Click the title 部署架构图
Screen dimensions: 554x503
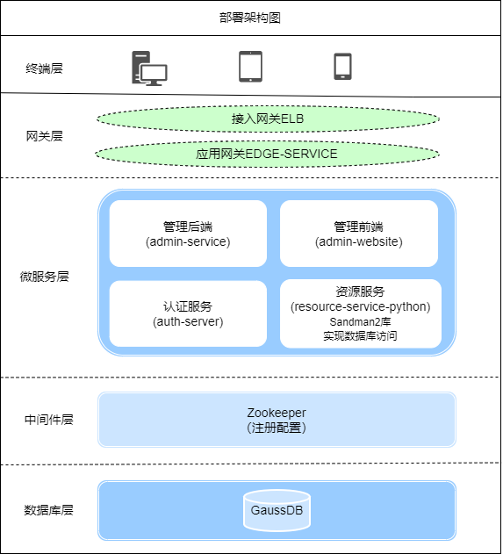pos(251,18)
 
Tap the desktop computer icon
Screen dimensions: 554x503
pos(148,68)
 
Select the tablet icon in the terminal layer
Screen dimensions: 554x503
pos(250,66)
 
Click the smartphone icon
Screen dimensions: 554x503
pos(342,67)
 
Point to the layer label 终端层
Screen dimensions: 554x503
pos(45,68)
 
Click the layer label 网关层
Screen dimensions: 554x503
pos(45,136)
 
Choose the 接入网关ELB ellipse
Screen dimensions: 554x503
pos(268,118)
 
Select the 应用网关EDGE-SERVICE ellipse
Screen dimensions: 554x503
pos(267,154)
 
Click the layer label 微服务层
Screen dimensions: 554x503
pos(45,276)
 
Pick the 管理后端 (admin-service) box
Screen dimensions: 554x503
pos(188,234)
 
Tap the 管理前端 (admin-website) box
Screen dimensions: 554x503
pos(358,234)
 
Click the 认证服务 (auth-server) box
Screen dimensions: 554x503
pos(188,313)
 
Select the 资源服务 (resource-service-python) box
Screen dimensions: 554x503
pos(360,299)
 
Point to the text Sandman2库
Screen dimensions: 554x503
pos(360,322)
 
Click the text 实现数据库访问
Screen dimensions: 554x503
pos(360,335)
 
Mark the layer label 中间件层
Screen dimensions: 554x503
pos(49,419)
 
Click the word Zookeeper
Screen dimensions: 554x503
pos(277,412)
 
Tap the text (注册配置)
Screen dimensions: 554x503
pos(277,427)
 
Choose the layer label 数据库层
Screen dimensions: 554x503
pos(49,510)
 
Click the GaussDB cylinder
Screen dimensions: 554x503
pos(277,510)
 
